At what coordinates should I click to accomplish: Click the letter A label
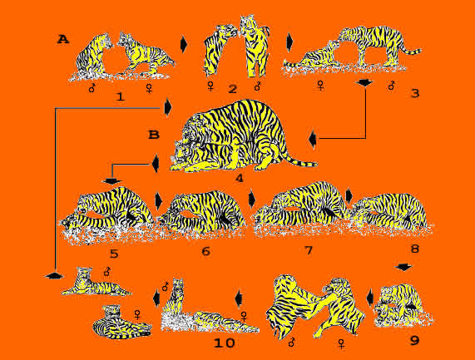point(63,39)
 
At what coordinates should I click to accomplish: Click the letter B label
point(154,135)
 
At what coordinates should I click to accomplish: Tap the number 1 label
point(121,97)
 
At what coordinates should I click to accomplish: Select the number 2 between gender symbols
point(232,89)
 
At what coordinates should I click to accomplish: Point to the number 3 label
point(415,93)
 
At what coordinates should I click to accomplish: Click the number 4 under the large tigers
point(240,178)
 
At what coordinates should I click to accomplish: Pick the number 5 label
point(114,254)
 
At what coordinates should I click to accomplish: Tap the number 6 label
point(205,251)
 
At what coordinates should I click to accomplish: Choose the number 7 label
point(309,250)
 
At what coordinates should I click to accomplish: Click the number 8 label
point(415,249)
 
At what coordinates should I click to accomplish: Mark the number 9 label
point(415,341)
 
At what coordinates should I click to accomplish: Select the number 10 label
point(224,343)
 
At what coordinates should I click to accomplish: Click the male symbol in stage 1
point(92,88)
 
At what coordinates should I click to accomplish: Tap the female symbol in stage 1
point(149,88)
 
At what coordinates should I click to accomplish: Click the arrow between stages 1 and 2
point(184,44)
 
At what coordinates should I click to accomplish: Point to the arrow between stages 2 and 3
point(289,42)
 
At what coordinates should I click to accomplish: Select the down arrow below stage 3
point(365,82)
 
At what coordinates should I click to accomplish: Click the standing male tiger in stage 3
point(377,46)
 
